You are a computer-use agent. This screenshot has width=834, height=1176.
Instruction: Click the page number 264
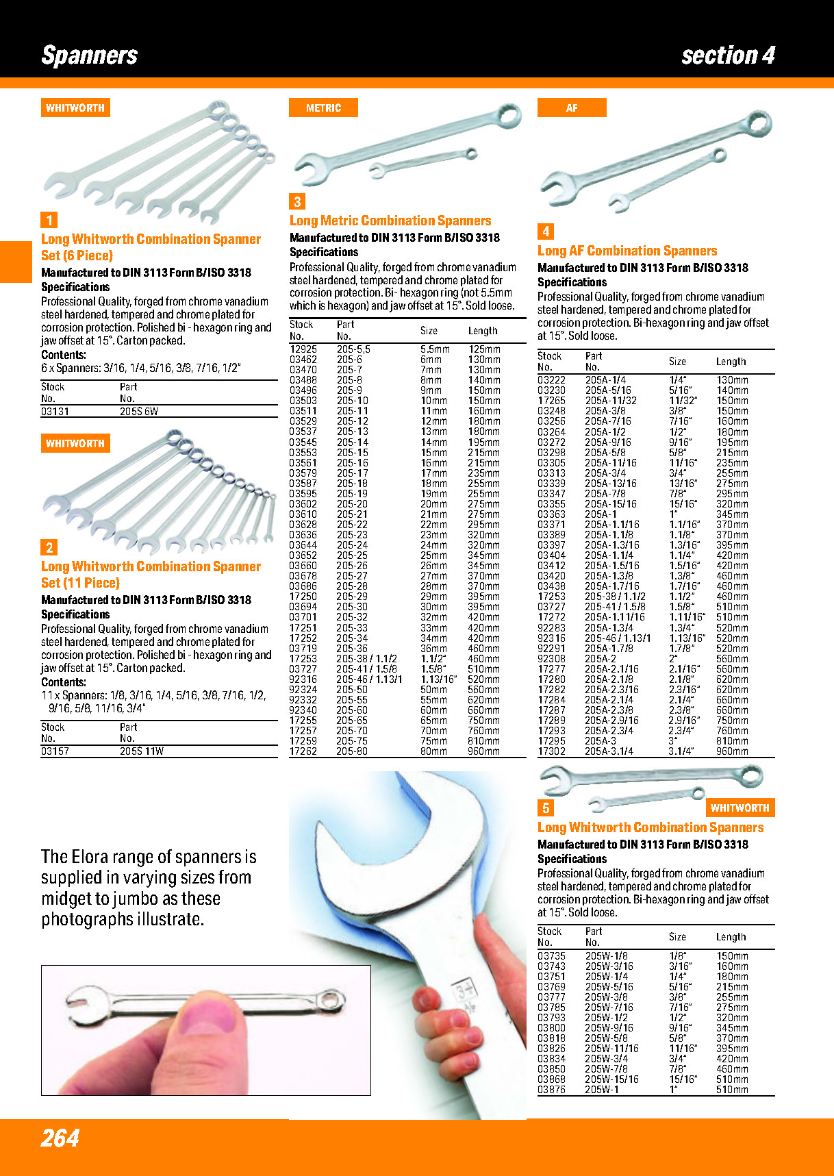(x=60, y=1138)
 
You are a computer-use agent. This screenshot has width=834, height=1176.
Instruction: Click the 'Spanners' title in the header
(x=90, y=55)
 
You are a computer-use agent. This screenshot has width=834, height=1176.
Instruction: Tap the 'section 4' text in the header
(x=728, y=55)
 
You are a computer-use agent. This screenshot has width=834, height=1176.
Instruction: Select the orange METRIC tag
(x=323, y=108)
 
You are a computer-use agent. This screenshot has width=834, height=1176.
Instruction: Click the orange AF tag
(x=572, y=108)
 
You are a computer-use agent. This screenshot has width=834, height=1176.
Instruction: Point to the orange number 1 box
(x=49, y=220)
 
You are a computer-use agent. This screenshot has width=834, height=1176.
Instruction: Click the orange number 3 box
(x=297, y=201)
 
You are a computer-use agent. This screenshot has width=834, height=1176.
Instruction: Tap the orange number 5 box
(x=546, y=808)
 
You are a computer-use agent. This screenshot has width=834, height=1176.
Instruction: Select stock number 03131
(x=55, y=412)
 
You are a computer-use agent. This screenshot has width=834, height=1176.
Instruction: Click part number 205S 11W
(x=142, y=751)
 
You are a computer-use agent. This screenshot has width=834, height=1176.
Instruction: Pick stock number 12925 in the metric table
(x=303, y=349)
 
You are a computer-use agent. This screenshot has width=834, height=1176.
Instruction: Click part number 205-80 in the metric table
(x=352, y=751)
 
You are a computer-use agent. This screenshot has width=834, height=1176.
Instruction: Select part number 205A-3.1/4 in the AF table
(x=609, y=751)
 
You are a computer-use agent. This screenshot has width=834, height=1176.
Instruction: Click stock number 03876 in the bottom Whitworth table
(x=551, y=1090)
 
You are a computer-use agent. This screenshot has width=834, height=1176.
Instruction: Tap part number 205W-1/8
(x=606, y=956)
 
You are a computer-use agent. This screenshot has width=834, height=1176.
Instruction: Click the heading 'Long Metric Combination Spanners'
(x=390, y=221)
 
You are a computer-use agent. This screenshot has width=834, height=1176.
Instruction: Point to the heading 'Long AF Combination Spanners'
(x=627, y=251)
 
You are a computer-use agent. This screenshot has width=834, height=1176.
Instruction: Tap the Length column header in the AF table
(x=731, y=362)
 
